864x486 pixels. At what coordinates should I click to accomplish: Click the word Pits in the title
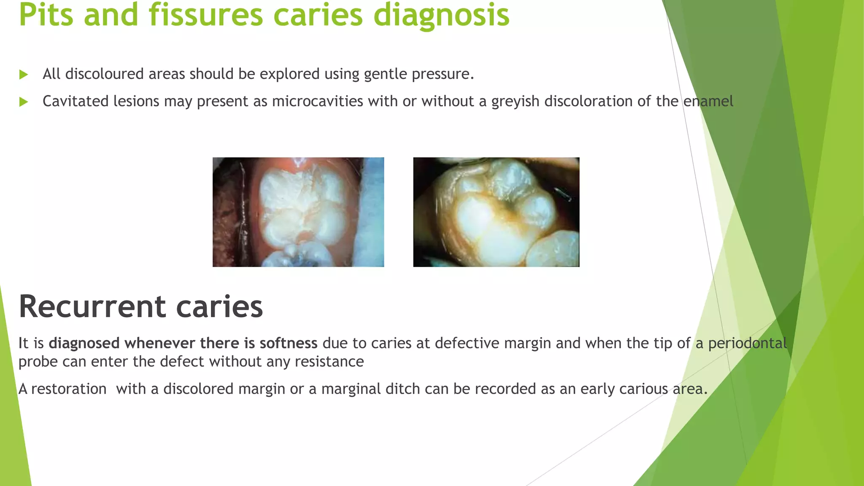tap(46, 15)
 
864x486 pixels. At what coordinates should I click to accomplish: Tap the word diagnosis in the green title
tap(441, 15)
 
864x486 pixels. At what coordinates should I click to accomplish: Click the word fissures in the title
tap(205, 15)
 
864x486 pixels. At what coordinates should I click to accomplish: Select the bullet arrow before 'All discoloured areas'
tap(24, 75)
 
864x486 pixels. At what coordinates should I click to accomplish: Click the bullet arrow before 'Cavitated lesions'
tap(24, 102)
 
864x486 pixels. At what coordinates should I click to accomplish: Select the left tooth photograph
tap(298, 212)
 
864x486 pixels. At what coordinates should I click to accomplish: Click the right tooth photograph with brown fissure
tap(496, 212)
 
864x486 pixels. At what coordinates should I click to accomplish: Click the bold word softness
tap(288, 343)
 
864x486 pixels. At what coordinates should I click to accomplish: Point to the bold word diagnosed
tap(84, 343)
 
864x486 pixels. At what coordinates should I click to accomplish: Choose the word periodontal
tap(747, 343)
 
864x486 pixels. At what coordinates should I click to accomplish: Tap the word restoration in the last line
tap(69, 389)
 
